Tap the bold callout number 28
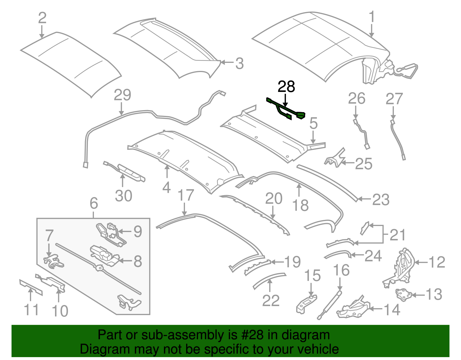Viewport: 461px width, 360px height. click(x=286, y=87)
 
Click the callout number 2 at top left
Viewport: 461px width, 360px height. click(x=42, y=18)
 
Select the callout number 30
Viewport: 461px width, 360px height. click(x=124, y=196)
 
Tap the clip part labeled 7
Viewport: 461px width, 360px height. click(x=54, y=261)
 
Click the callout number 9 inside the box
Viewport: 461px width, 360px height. click(x=138, y=231)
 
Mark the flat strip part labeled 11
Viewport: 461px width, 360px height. click(x=31, y=287)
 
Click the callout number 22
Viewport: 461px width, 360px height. click(x=271, y=301)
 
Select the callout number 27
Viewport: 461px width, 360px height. click(x=394, y=99)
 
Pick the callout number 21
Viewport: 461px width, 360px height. click(x=398, y=235)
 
